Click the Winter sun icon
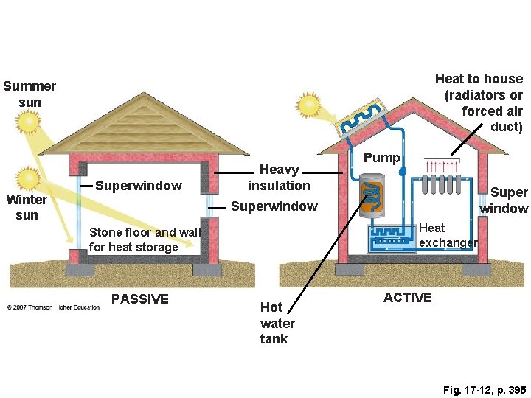click(x=30, y=178)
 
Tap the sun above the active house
click(x=307, y=106)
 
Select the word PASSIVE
click(x=139, y=298)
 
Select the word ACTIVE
click(x=408, y=297)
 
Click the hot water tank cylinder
click(x=372, y=195)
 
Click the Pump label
click(x=382, y=157)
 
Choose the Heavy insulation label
click(x=279, y=178)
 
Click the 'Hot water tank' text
click(x=277, y=323)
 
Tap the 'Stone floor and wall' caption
click(x=143, y=240)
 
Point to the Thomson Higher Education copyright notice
click(x=54, y=307)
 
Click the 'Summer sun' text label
click(x=29, y=94)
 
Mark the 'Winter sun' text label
click(x=27, y=207)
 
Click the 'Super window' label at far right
click(x=504, y=200)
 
